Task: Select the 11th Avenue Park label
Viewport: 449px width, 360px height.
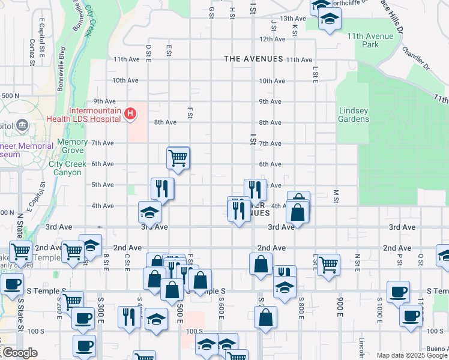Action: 370,40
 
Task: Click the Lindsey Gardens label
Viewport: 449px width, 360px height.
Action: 354,115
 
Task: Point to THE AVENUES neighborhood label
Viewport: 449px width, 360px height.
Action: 253,59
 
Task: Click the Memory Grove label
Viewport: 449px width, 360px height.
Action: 72,146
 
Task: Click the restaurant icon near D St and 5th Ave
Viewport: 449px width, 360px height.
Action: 162,188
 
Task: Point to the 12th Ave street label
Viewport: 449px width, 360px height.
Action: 272,39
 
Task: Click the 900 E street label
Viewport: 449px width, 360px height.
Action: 340,306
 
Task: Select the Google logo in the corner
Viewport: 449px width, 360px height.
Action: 20,353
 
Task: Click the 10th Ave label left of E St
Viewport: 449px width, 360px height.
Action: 125,80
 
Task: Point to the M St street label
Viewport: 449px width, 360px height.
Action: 336,196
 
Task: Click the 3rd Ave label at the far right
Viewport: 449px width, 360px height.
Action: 402,227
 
